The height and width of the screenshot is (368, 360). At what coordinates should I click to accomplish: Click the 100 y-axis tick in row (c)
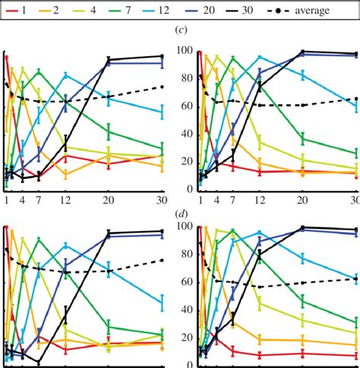pyautogui.click(x=182, y=51)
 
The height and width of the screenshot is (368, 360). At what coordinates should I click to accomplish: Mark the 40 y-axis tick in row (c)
pyautogui.click(x=182, y=134)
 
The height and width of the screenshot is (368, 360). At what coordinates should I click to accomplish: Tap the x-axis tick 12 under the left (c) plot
pyautogui.click(x=66, y=200)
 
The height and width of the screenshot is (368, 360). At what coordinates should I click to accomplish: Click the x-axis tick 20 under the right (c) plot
pyautogui.click(x=303, y=200)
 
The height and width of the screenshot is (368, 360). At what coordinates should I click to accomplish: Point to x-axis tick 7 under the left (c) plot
pyautogui.click(x=38, y=200)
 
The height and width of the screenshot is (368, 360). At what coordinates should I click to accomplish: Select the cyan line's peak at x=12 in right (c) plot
pyautogui.click(x=260, y=57)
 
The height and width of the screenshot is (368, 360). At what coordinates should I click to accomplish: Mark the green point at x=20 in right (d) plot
pyautogui.click(x=303, y=302)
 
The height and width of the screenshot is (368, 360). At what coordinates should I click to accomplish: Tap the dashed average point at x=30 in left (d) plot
pyautogui.click(x=161, y=260)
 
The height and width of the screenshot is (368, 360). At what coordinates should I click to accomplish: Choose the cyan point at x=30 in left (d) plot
pyautogui.click(x=161, y=303)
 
